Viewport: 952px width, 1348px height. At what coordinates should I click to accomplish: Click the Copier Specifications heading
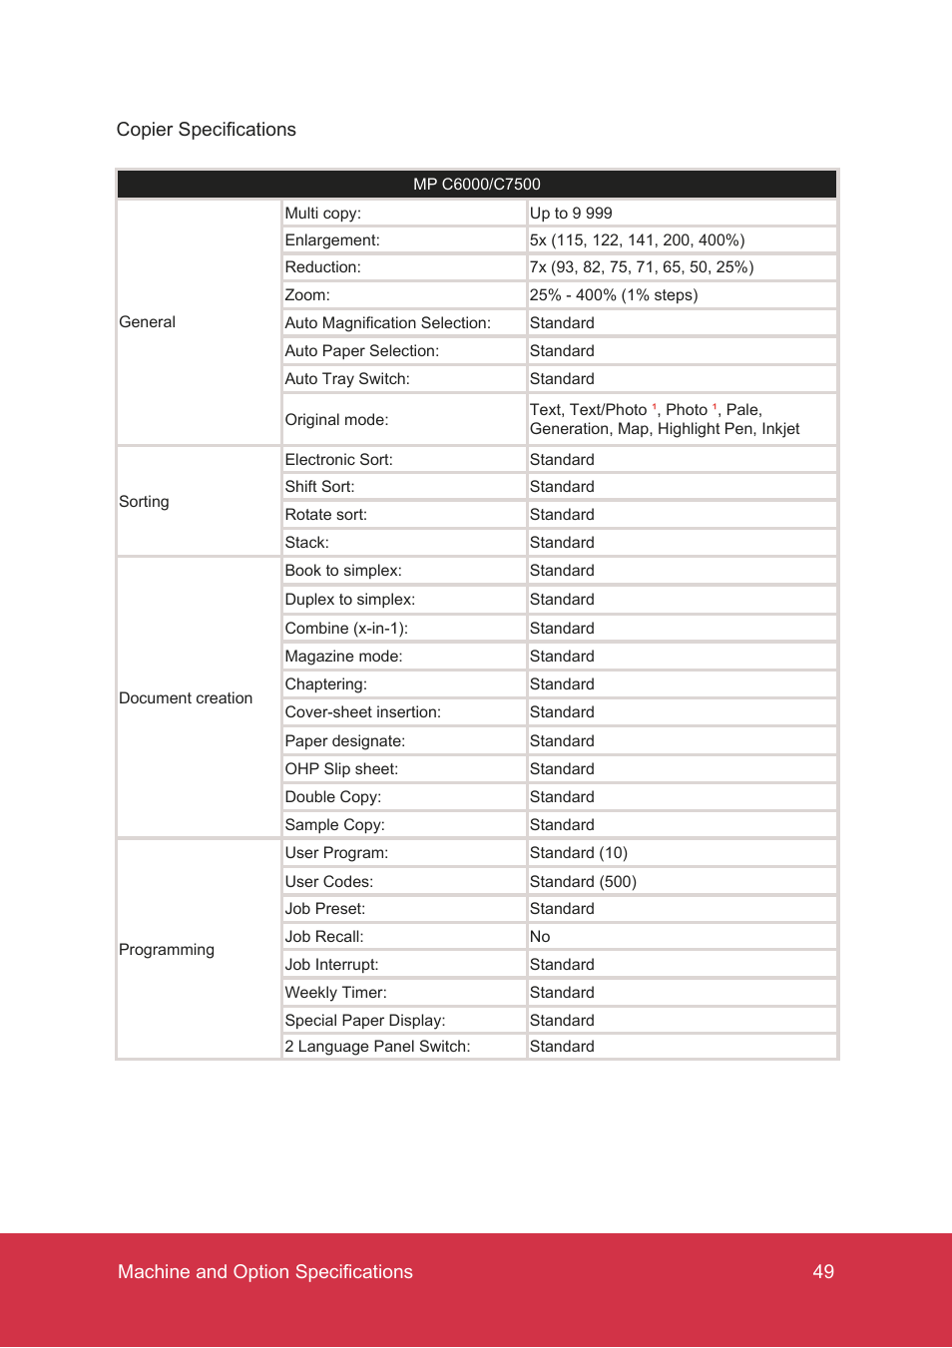pyautogui.click(x=206, y=130)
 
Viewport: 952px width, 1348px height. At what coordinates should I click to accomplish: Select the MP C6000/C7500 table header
pyautogui.click(x=476, y=185)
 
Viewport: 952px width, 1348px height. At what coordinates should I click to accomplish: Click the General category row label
pyautogui.click(x=147, y=322)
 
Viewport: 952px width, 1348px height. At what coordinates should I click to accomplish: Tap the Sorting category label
pyautogui.click(x=144, y=502)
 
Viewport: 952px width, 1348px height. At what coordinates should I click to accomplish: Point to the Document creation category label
pyautogui.click(x=186, y=698)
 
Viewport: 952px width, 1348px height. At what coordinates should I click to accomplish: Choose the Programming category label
pyautogui.click(x=167, y=950)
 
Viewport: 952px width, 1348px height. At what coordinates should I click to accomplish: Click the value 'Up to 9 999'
pyautogui.click(x=571, y=214)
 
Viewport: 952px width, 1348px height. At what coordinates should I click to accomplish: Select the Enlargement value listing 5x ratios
pyautogui.click(x=637, y=240)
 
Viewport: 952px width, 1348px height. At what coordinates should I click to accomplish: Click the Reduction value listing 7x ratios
pyautogui.click(x=641, y=267)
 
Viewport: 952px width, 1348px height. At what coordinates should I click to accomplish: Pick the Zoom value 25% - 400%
pyautogui.click(x=613, y=295)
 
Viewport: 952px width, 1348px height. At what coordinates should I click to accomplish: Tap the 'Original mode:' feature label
pyautogui.click(x=336, y=420)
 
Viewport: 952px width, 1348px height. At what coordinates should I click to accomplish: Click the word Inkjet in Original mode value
pyautogui.click(x=780, y=429)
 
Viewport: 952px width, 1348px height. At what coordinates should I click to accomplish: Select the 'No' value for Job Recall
pyautogui.click(x=540, y=937)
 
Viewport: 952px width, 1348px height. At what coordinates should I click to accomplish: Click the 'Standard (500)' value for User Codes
pyautogui.click(x=583, y=882)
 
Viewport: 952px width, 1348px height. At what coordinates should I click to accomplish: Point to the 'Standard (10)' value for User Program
pyautogui.click(x=578, y=853)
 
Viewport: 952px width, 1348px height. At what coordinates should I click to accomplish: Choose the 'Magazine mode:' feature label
pyautogui.click(x=343, y=657)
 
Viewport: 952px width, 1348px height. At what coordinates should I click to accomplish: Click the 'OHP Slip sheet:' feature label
pyautogui.click(x=341, y=769)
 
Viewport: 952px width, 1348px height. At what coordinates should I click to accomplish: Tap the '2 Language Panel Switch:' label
pyautogui.click(x=377, y=1047)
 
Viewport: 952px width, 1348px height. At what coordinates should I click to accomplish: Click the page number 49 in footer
pyautogui.click(x=823, y=1272)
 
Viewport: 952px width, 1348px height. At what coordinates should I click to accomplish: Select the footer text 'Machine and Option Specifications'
pyautogui.click(x=265, y=1272)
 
